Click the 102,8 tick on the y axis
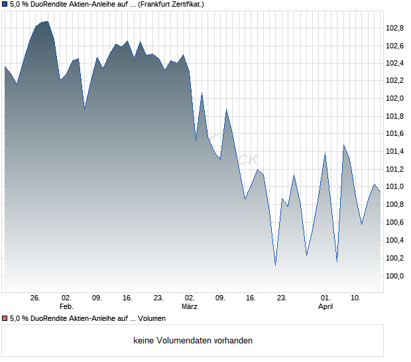click(x=395, y=28)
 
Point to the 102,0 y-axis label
click(x=395, y=99)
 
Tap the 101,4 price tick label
click(x=395, y=152)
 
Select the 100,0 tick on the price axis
click(x=395, y=276)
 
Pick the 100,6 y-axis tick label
click(x=395, y=223)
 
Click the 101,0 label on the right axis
click(x=395, y=187)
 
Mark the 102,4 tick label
click(x=395, y=64)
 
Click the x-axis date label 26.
click(x=36, y=298)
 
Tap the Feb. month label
click(x=66, y=307)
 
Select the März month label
click(x=190, y=307)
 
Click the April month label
click(x=325, y=307)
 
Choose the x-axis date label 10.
click(x=356, y=298)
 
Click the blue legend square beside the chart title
click(x=5, y=4)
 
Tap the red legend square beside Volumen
click(x=5, y=319)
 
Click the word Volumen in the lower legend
click(x=152, y=319)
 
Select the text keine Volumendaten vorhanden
click(x=193, y=341)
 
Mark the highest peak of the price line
click(x=46, y=21)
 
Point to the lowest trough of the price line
click(x=275, y=266)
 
